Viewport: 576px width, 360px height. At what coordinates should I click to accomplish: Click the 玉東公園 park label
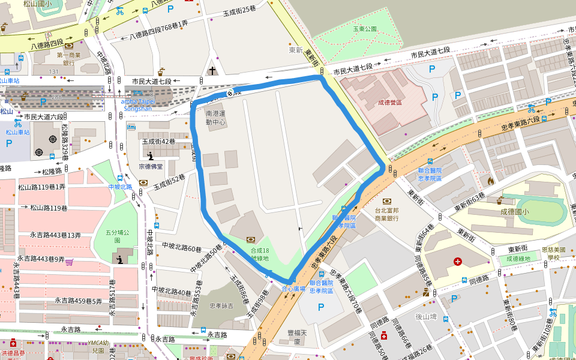(364, 28)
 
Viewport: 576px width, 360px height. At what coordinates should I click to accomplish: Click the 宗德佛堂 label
(150, 166)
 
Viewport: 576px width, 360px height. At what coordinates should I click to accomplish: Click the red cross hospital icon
(458, 262)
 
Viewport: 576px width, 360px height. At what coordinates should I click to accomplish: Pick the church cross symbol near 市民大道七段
(212, 71)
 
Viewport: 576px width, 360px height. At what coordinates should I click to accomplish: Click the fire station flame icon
(490, 179)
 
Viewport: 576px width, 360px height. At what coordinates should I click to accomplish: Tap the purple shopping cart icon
(70, 262)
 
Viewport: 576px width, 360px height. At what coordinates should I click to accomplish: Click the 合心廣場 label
(293, 289)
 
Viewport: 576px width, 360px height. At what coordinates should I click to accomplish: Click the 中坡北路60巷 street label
(182, 247)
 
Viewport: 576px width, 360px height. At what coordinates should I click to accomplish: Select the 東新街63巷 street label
(469, 202)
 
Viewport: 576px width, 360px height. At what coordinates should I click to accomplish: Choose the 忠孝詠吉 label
(221, 306)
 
